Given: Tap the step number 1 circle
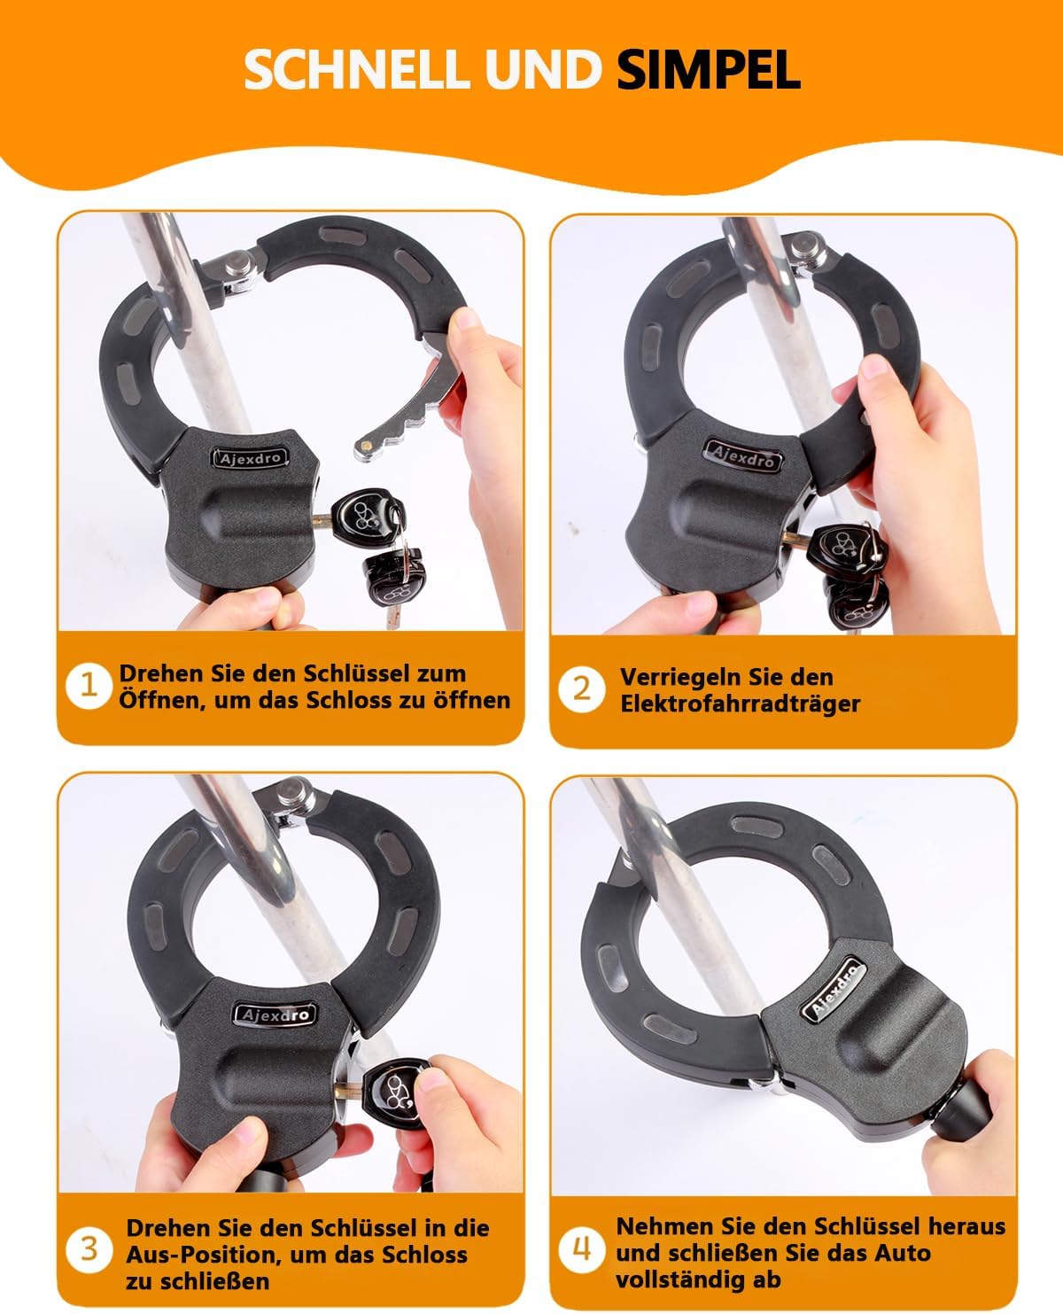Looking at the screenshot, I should point(89,685).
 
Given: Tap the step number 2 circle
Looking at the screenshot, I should point(581,688).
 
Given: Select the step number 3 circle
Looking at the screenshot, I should point(89,1249).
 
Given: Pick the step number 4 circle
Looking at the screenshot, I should point(581,1250).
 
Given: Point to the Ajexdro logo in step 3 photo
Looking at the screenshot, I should point(274,1014).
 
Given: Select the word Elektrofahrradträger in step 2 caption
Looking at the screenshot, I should point(740,704).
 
